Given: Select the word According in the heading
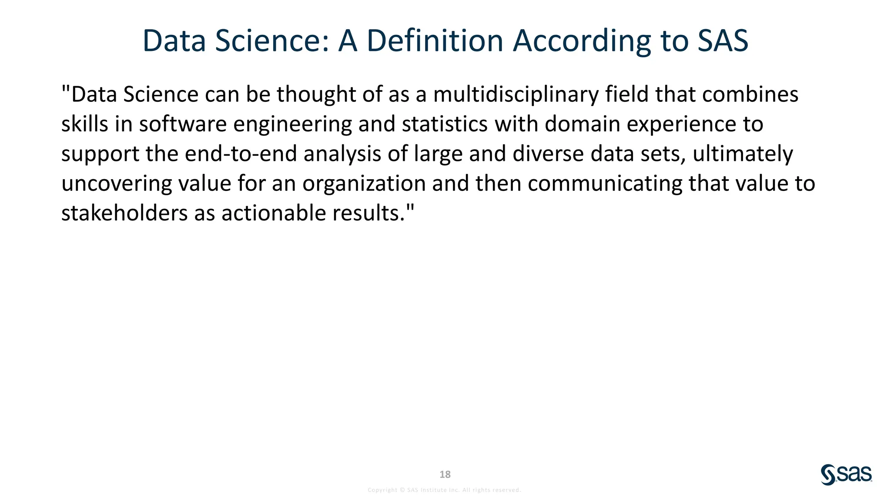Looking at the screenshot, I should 582,41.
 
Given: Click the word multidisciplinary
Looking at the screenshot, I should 516,94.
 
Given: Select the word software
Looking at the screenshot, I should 183,124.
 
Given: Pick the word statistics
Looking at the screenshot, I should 445,124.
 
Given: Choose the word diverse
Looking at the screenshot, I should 548,154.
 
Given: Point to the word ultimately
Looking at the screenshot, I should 743,154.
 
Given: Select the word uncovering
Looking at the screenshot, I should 117,183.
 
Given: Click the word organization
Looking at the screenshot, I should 364,183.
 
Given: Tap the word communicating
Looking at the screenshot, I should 605,183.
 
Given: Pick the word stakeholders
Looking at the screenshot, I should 124,213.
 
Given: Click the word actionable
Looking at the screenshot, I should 274,213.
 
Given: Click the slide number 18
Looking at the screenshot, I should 445,474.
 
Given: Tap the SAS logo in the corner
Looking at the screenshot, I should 846,474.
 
